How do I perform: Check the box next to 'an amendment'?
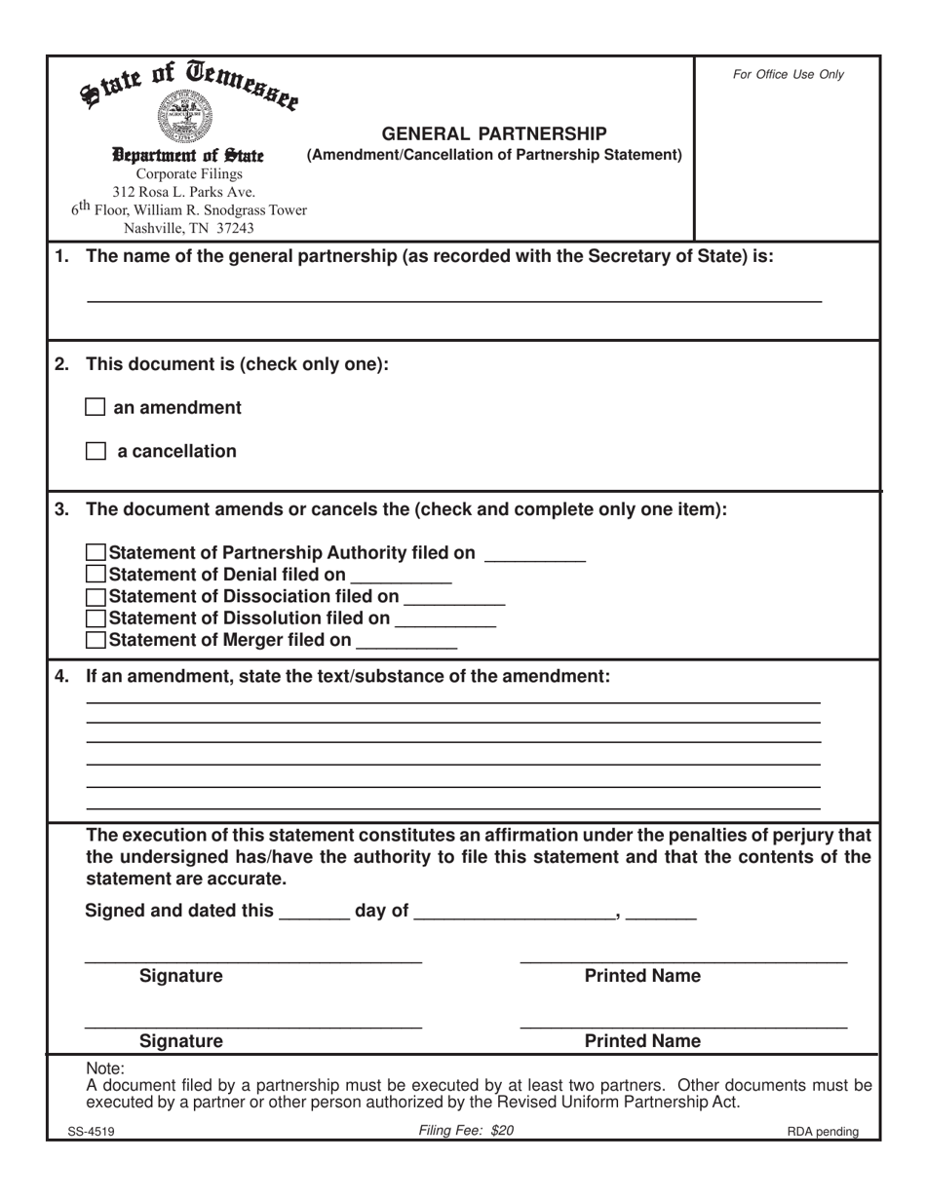96,407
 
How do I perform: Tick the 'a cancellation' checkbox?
96,451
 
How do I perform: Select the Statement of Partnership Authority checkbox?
96,553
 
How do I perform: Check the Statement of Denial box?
96,575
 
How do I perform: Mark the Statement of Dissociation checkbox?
96,596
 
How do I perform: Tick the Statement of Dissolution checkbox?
96,618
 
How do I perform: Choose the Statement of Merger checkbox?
96,640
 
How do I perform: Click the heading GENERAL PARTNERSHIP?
493,133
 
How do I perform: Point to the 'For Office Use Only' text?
788,74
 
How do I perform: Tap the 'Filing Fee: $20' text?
465,1131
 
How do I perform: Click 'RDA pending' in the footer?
824,1132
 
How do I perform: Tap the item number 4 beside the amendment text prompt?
61,676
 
